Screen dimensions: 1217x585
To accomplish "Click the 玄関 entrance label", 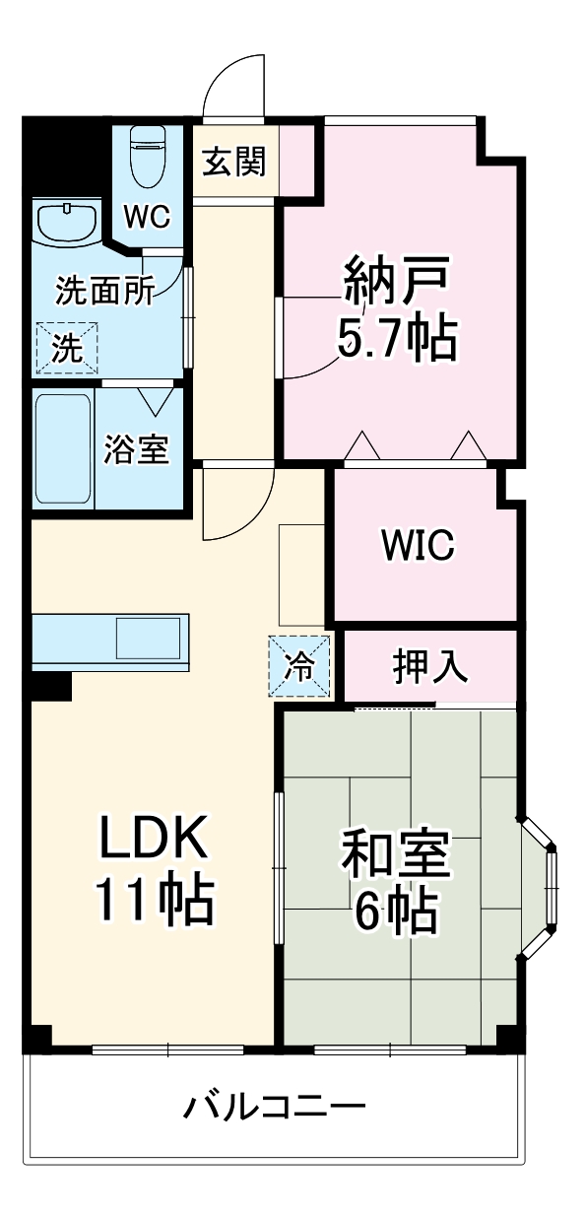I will [x=234, y=161].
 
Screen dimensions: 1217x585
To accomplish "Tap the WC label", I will [x=147, y=216].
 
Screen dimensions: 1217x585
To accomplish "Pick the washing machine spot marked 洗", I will [x=68, y=349].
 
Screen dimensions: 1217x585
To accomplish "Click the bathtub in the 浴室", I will [x=63, y=447].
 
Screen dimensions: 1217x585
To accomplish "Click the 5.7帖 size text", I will [x=397, y=340].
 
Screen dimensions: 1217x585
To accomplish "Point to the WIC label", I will [x=419, y=544].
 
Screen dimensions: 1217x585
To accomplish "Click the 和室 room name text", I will [x=396, y=855].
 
